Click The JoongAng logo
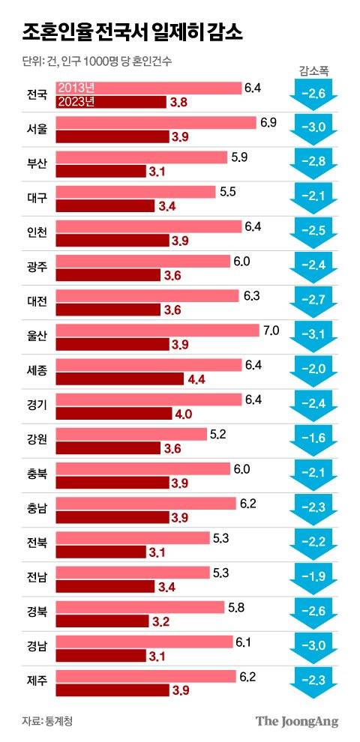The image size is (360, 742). pyautogui.click(x=297, y=721)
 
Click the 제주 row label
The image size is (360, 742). pyautogui.click(x=36, y=682)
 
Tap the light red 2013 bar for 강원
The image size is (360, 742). pyautogui.click(x=131, y=434)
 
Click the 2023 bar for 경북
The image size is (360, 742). pyautogui.click(x=101, y=622)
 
